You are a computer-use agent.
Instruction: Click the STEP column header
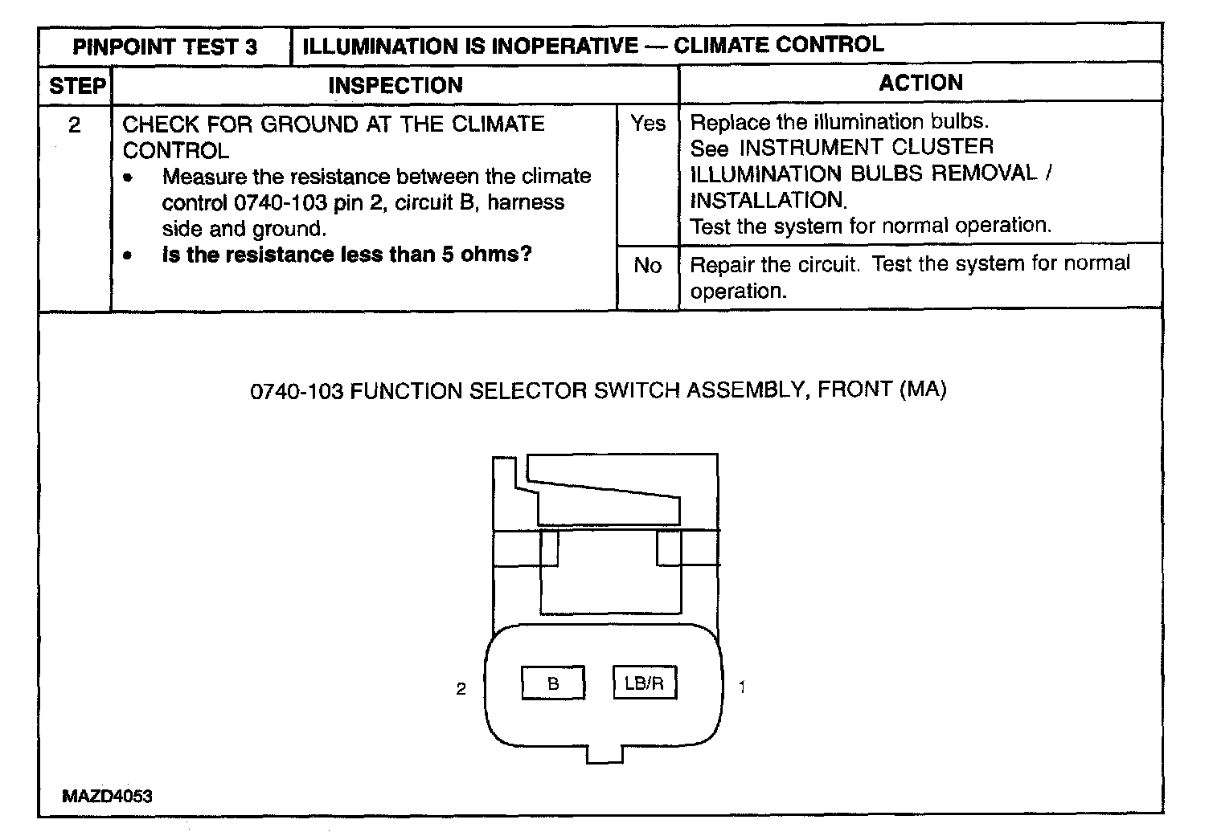tap(77, 86)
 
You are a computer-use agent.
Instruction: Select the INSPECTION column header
tap(395, 85)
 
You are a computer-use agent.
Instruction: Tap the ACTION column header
tap(920, 83)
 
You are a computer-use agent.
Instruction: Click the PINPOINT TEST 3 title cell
tap(165, 47)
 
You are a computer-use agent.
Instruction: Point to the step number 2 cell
tap(75, 125)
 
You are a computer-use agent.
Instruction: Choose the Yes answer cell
tap(648, 124)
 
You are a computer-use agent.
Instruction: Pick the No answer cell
tap(648, 266)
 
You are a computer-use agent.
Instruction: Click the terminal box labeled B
tap(553, 684)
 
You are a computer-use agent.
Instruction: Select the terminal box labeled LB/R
tap(644, 683)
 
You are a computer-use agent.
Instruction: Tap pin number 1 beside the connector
tap(742, 687)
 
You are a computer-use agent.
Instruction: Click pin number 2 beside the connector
tap(461, 689)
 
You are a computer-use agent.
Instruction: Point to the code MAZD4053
tap(107, 797)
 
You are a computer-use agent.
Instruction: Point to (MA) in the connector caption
tap(922, 390)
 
